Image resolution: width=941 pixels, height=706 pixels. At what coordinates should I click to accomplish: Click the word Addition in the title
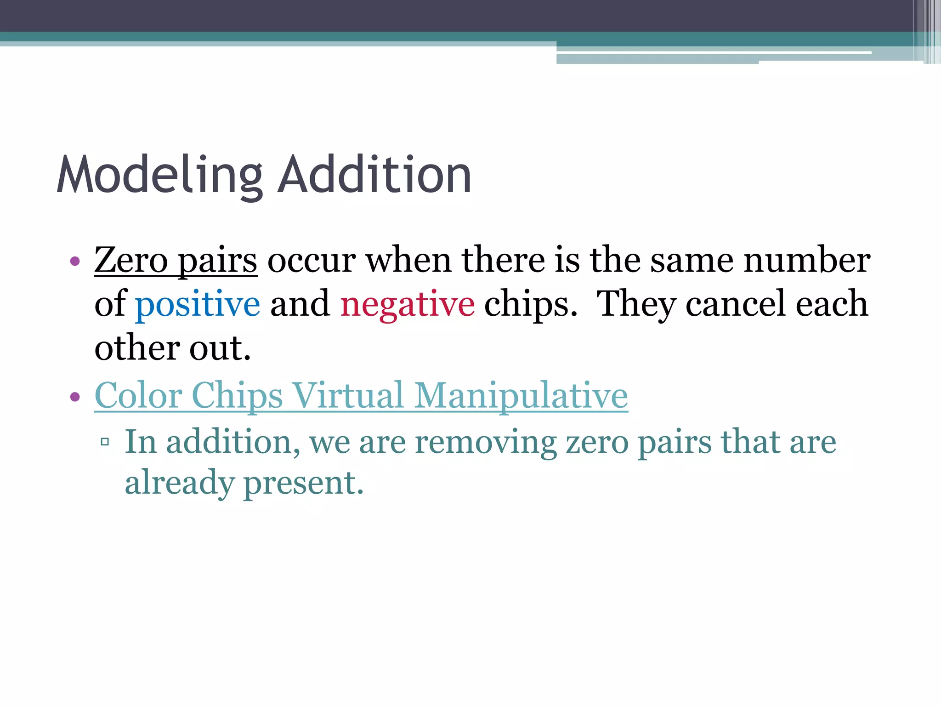click(x=374, y=175)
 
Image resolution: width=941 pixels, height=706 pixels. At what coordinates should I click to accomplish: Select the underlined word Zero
click(x=131, y=260)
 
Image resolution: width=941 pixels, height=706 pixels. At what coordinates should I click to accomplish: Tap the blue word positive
click(x=198, y=304)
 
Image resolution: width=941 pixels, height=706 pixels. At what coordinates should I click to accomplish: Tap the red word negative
click(x=407, y=304)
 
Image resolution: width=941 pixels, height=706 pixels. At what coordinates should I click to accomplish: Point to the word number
click(x=806, y=260)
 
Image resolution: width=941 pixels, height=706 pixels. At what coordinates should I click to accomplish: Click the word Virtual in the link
click(x=348, y=395)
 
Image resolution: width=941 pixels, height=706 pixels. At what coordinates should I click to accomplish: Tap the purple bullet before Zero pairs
click(x=75, y=262)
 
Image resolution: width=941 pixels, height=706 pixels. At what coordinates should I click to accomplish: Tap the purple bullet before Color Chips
click(x=75, y=396)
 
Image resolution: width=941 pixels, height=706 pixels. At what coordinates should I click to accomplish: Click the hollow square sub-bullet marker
click(x=105, y=442)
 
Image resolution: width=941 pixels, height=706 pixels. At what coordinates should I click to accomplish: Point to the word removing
click(x=486, y=442)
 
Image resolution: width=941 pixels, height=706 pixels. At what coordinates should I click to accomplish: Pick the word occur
click(x=311, y=260)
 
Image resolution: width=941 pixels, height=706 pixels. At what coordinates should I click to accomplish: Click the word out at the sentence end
click(x=220, y=348)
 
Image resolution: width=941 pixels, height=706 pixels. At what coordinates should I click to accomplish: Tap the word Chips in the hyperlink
click(x=237, y=395)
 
